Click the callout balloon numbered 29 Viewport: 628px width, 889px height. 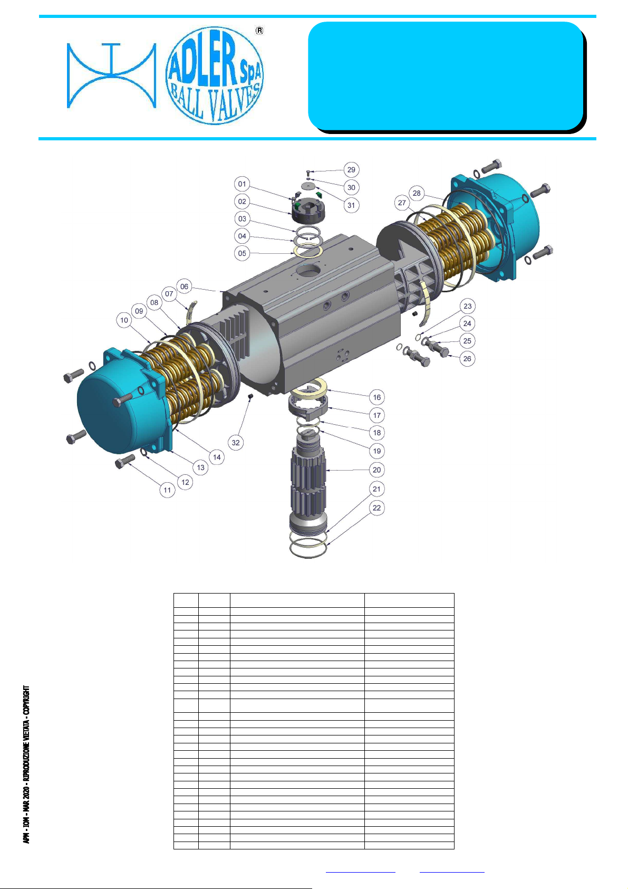[x=351, y=170]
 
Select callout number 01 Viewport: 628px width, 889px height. [x=242, y=184]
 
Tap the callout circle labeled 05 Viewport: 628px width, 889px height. [x=242, y=253]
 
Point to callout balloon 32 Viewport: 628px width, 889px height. [x=236, y=443]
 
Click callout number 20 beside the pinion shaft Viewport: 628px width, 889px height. [x=376, y=470]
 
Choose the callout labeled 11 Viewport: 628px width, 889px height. [x=167, y=490]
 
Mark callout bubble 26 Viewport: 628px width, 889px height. [x=467, y=359]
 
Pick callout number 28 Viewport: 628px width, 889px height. [x=417, y=193]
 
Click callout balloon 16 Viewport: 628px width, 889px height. [x=377, y=397]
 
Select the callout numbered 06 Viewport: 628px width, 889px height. [x=184, y=286]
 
